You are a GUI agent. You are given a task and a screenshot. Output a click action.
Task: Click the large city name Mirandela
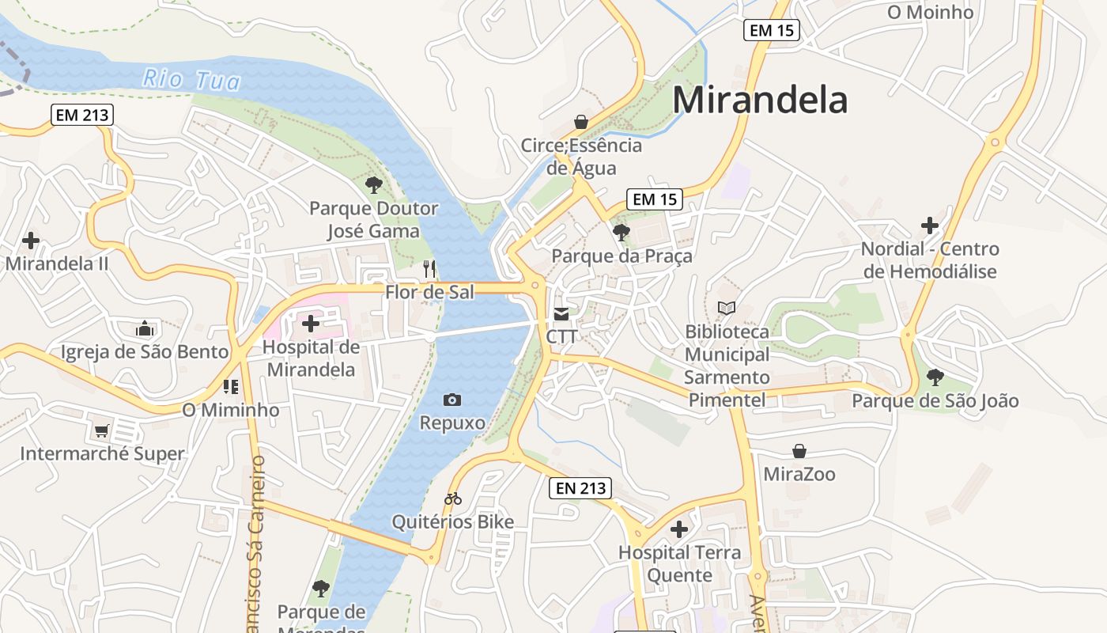click(x=760, y=100)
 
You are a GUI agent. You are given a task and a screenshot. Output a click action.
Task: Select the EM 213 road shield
click(x=83, y=115)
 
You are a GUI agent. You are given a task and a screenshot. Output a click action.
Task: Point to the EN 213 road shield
click(x=580, y=488)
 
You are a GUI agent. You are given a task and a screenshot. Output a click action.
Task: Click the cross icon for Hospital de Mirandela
click(x=311, y=323)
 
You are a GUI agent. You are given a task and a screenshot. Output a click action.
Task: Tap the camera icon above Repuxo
click(x=452, y=400)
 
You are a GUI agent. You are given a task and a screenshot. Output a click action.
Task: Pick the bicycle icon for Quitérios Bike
click(x=453, y=498)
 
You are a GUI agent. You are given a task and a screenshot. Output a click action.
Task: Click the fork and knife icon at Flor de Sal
click(x=429, y=268)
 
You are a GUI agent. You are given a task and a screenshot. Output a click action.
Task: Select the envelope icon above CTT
click(x=561, y=314)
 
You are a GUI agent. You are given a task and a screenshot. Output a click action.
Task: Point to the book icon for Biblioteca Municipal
click(x=726, y=308)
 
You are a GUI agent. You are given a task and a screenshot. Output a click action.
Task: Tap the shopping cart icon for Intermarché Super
click(x=101, y=430)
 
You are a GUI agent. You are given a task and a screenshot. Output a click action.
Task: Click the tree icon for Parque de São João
click(x=935, y=377)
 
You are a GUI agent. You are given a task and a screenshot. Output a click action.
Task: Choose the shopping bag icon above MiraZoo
click(x=799, y=451)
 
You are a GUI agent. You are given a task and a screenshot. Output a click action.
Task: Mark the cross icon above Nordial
click(x=930, y=226)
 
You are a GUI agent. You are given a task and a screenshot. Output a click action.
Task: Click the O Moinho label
click(x=930, y=13)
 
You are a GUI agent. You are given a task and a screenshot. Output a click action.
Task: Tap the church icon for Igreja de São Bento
click(x=145, y=328)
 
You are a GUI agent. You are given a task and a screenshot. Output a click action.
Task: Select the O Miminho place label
click(x=231, y=410)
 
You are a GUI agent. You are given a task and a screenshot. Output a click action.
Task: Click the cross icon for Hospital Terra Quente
click(x=679, y=529)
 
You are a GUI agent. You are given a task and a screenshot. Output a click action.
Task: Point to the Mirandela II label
click(x=57, y=263)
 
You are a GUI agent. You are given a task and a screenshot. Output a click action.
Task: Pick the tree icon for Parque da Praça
click(x=622, y=233)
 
